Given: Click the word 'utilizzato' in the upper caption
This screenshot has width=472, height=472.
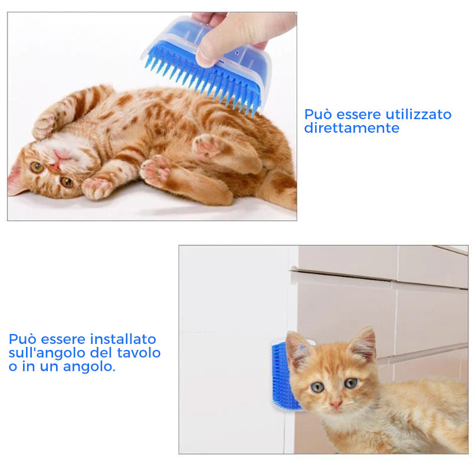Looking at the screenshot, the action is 418,114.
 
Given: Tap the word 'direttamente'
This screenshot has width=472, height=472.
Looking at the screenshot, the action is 352,128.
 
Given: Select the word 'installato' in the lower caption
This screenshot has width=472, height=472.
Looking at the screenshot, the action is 123,339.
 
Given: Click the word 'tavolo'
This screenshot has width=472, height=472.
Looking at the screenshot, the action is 139,353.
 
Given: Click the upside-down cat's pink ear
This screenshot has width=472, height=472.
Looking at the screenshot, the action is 15,181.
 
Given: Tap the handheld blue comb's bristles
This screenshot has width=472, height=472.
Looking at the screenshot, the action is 205,81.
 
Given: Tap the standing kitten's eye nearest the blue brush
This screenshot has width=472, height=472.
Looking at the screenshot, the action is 317,387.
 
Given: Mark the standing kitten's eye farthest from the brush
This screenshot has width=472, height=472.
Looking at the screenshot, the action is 350,383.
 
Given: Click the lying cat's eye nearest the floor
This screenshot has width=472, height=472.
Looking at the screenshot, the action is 67,182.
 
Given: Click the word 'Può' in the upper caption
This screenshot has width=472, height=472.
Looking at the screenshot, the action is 318,114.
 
